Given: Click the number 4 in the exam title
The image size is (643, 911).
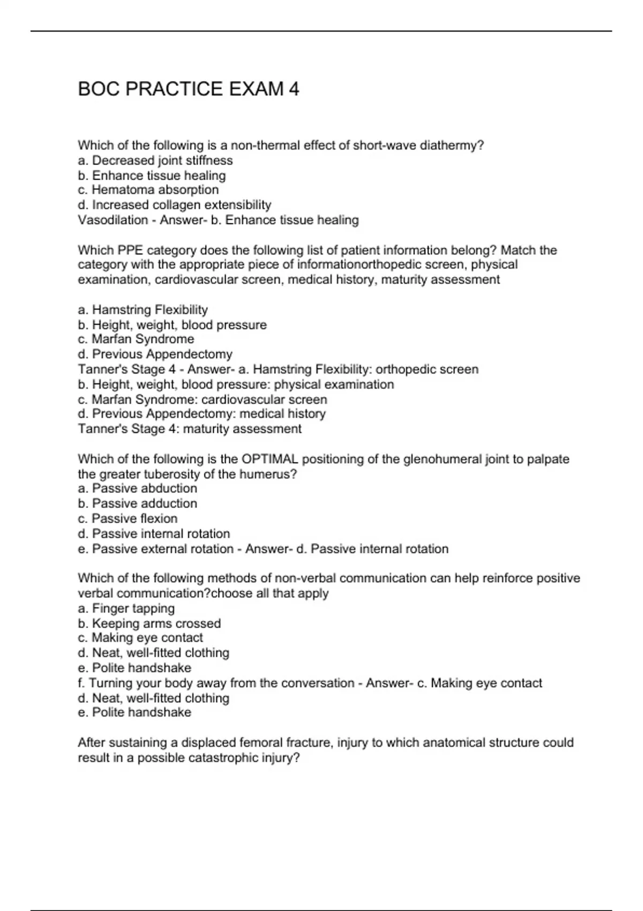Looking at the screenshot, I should point(294,89).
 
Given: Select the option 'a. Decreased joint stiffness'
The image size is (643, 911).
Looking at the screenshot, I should point(155,160).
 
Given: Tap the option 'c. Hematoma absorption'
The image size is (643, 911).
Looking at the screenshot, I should point(148,190).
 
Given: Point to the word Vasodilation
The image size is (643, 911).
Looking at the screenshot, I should point(113,220).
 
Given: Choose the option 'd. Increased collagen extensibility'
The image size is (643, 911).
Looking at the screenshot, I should point(175,205).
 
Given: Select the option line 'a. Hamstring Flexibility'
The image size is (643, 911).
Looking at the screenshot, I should point(143,310).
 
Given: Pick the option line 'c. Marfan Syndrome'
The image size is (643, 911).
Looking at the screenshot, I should point(136,339).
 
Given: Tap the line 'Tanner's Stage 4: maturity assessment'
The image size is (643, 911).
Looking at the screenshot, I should point(190,429).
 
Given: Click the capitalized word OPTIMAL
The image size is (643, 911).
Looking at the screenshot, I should point(270,459).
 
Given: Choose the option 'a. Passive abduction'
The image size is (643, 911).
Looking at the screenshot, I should point(138,488).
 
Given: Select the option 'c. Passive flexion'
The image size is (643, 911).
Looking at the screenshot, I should point(128,518).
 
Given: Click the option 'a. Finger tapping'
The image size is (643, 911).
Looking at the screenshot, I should point(126,608).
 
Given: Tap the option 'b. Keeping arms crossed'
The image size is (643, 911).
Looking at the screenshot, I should point(149,623).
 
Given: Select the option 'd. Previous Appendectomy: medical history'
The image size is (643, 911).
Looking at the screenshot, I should point(202,414).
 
